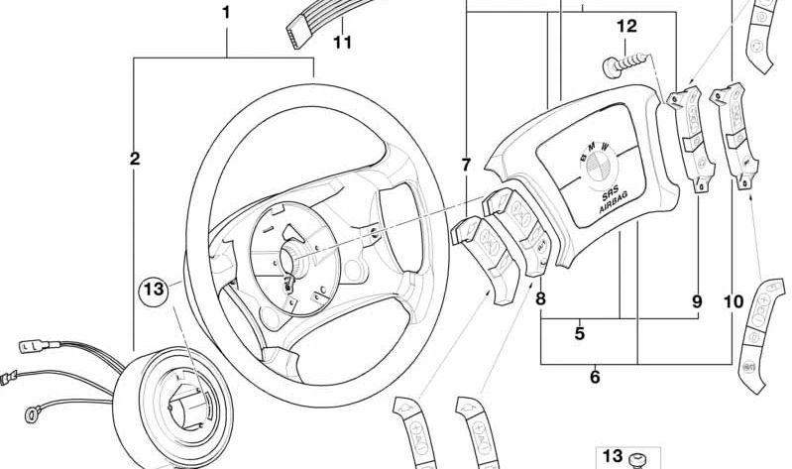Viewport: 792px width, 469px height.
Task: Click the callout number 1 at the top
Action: [x=226, y=13]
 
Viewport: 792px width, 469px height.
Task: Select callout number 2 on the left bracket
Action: [x=135, y=158]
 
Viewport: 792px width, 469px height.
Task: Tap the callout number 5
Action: [x=580, y=334]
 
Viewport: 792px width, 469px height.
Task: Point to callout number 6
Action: [x=594, y=376]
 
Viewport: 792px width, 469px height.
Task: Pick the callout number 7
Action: [x=466, y=165]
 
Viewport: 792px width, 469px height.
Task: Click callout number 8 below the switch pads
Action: [x=540, y=297]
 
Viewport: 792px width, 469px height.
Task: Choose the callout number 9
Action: [x=697, y=300]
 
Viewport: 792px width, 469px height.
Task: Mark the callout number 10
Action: [x=734, y=300]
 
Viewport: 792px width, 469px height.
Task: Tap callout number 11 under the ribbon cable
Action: [x=342, y=43]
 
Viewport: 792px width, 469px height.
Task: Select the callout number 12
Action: [x=626, y=27]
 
